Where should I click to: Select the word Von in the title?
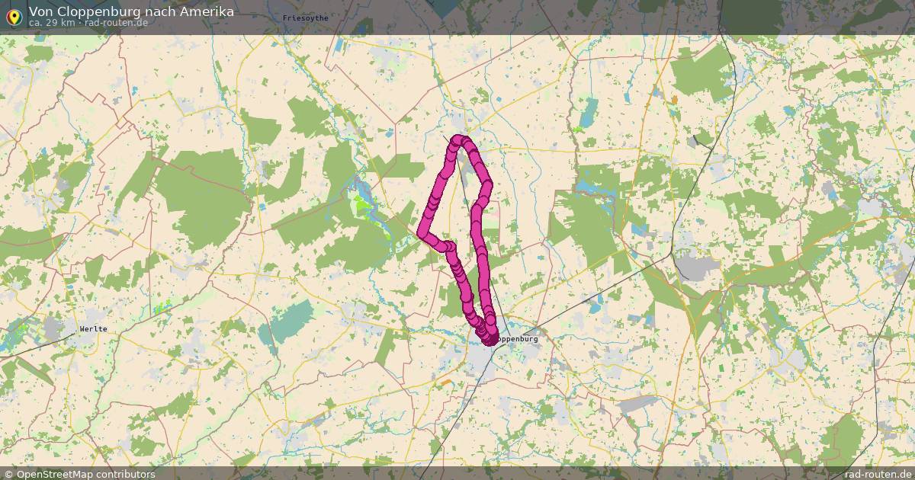point(41,11)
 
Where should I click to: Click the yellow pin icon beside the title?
point(13,16)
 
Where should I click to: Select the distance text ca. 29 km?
point(52,23)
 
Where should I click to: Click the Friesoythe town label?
point(305,18)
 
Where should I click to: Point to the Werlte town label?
point(93,329)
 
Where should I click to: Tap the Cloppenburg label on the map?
point(516,338)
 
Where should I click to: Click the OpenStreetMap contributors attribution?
point(85,474)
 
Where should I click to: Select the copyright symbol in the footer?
point(8,474)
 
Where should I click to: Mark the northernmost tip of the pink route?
point(459,139)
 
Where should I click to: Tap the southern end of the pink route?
point(487,338)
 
